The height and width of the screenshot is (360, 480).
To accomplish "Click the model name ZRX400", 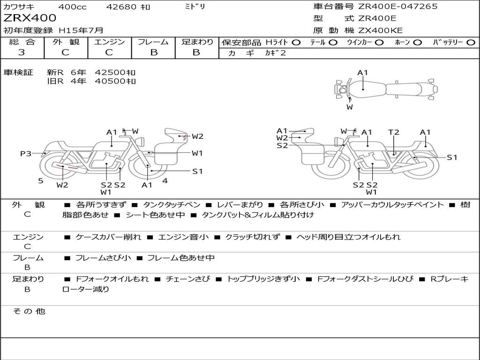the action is (30, 18).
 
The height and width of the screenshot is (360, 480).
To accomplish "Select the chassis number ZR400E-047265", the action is (397, 7).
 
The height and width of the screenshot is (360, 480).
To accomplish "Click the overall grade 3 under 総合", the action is (22, 52).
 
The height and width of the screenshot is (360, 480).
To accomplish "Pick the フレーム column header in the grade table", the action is (153, 42).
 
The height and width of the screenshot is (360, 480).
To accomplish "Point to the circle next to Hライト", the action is (296, 43).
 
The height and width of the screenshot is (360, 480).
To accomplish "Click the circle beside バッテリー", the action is (471, 43).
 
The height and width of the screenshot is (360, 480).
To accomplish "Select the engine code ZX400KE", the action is (381, 30).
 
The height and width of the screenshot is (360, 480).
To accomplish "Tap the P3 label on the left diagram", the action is (26, 153).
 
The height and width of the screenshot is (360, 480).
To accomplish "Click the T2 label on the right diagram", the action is (394, 132).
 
